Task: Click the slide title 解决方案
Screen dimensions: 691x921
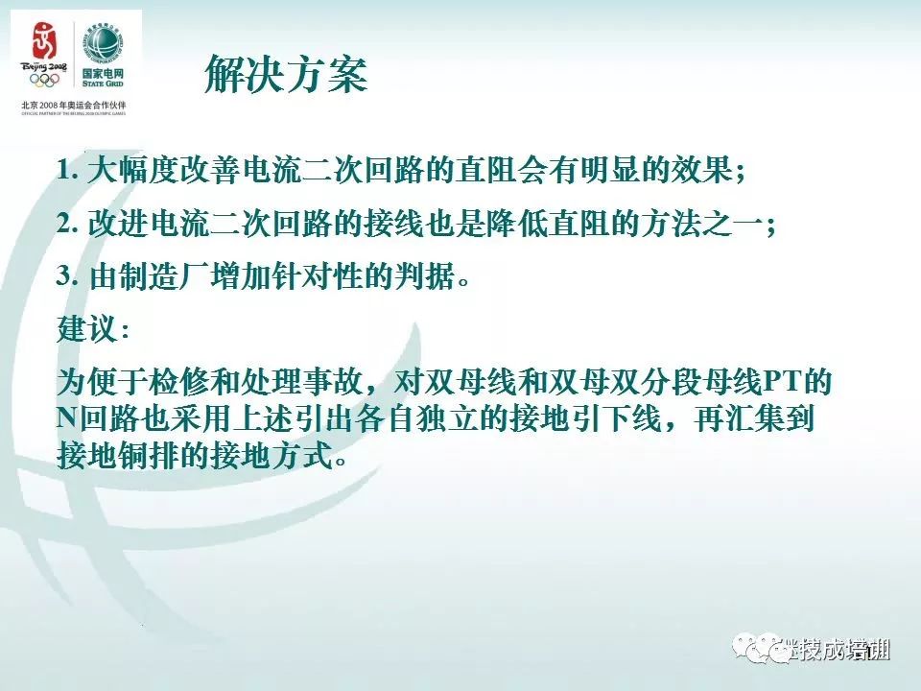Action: pyautogui.click(x=286, y=75)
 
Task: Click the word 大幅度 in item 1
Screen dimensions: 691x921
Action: pyautogui.click(x=133, y=171)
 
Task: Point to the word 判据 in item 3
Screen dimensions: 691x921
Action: pyautogui.click(x=418, y=276)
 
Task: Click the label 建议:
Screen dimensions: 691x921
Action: pyautogui.click(x=92, y=329)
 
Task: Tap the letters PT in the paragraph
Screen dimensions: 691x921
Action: pyautogui.click(x=781, y=383)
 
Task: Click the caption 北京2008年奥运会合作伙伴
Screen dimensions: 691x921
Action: pyautogui.click(x=73, y=104)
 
